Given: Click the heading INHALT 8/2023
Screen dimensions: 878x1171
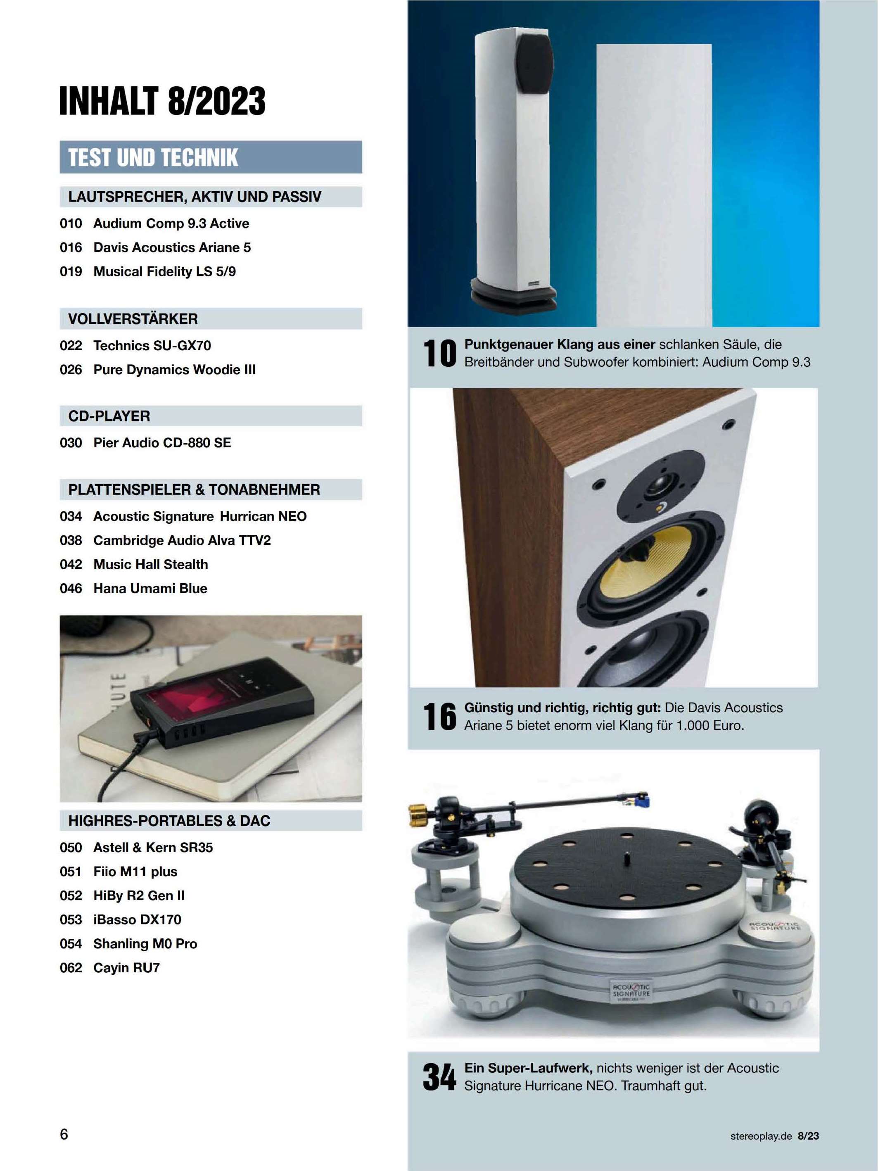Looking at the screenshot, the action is (x=162, y=101).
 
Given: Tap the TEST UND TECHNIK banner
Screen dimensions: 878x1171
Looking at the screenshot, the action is (x=211, y=157).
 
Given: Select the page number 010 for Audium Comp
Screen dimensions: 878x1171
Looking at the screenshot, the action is (x=71, y=223).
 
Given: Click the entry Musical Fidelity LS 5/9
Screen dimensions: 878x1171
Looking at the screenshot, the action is (x=165, y=271).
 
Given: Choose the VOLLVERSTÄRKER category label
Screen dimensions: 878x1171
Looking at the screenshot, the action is (x=133, y=319).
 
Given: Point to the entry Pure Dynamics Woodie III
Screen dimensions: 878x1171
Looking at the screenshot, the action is (x=175, y=370).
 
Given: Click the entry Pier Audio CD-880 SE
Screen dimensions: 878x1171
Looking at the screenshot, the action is (x=162, y=442).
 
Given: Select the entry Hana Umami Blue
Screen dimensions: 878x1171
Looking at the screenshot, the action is (x=150, y=588).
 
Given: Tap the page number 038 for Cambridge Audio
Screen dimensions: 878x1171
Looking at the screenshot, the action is (x=71, y=541).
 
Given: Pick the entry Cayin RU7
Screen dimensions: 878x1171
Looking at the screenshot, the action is (x=126, y=968).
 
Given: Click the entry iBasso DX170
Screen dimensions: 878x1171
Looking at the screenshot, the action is (x=137, y=919).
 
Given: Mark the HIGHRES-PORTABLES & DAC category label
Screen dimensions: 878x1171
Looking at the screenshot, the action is (x=169, y=821).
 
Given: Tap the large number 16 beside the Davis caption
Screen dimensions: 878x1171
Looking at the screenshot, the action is (x=439, y=717).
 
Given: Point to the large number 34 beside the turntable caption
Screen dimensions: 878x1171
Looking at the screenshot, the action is (x=439, y=1077).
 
